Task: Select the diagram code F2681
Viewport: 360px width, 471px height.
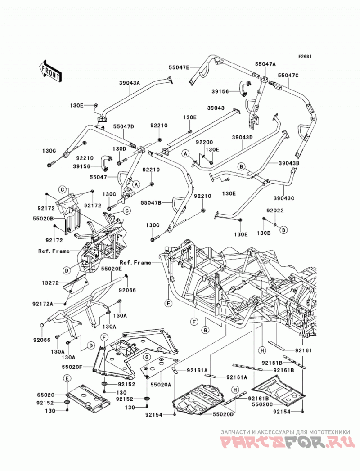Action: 305,56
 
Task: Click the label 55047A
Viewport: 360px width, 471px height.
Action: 265,64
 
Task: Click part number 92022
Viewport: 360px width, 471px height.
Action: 274,211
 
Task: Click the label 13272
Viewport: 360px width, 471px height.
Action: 49,283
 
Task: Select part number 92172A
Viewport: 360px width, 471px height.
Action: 43,304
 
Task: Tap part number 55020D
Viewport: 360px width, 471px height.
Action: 223,414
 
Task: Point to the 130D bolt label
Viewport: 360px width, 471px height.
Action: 119,149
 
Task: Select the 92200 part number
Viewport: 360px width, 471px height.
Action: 204,142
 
